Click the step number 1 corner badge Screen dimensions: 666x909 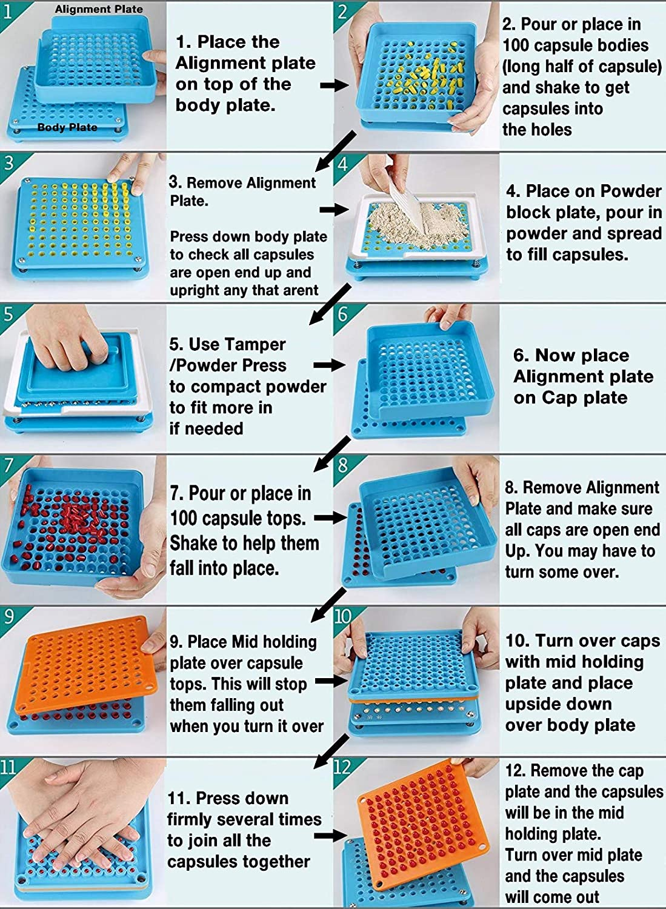click(x=9, y=12)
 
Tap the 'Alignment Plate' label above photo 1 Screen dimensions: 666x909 click(x=99, y=9)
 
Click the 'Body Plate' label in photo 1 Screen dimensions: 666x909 click(x=67, y=127)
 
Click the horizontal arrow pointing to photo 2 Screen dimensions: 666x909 click(x=334, y=85)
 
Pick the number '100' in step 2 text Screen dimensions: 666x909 click(x=516, y=45)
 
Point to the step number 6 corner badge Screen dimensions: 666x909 click(x=343, y=315)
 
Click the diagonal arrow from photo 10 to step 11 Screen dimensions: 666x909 click(x=331, y=751)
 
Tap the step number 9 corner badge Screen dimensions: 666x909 click(x=9, y=617)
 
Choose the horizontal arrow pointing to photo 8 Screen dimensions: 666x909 click(x=331, y=518)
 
